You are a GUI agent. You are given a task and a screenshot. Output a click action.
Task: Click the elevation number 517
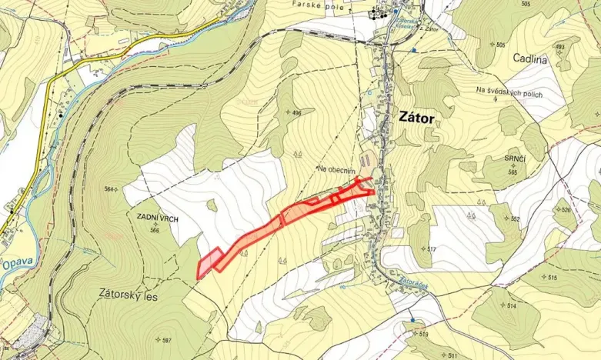(432, 249)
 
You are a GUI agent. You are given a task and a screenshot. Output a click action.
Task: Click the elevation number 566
(154, 230)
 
